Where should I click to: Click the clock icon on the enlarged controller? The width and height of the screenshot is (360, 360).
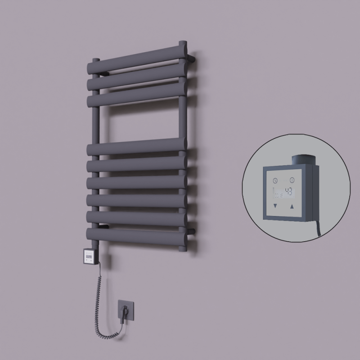click(x=275, y=180)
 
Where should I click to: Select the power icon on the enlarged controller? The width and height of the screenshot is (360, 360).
click(x=292, y=180)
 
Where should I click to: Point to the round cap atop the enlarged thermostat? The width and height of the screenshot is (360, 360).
click(x=303, y=160)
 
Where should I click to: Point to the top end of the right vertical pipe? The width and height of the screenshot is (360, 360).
click(x=182, y=44)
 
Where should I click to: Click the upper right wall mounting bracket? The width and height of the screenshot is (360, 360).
click(x=193, y=58)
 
